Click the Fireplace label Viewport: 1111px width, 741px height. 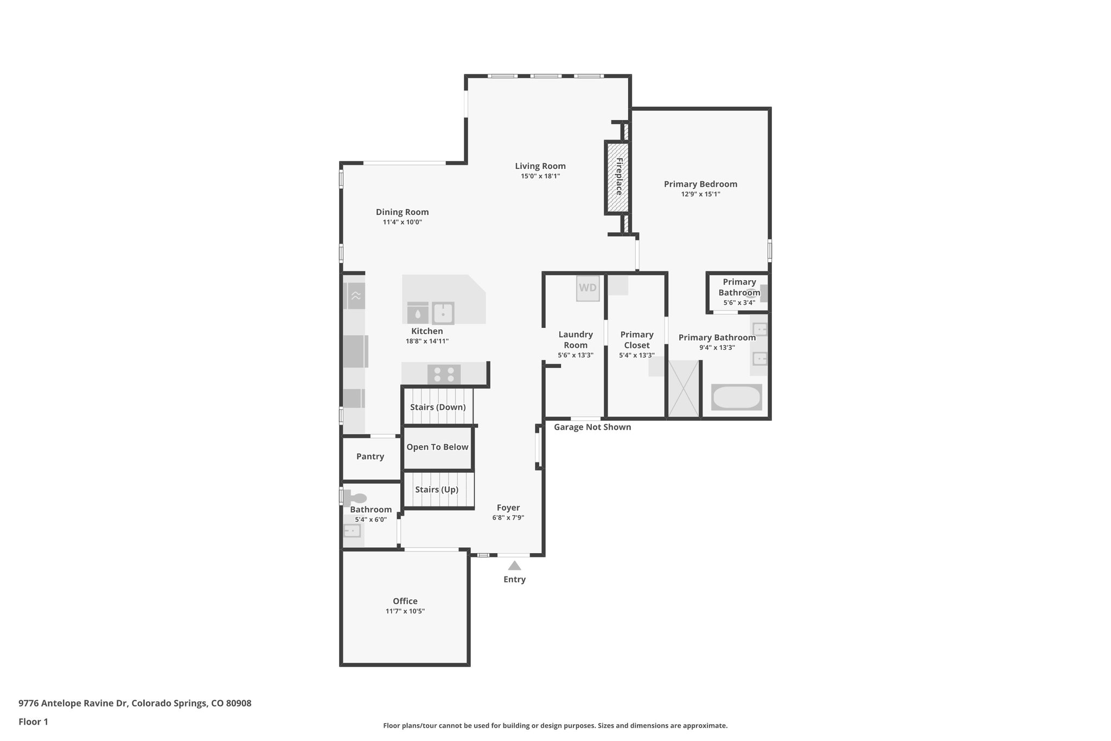[618, 177]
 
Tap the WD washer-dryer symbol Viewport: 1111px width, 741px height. [588, 288]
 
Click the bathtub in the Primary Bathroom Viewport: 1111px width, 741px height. [737, 397]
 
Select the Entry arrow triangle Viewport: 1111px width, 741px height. [514, 566]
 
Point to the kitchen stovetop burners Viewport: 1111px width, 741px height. [444, 374]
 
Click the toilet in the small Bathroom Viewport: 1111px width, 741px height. [355, 498]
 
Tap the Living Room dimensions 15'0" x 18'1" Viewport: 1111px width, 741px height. [540, 176]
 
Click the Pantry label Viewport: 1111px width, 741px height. [370, 457]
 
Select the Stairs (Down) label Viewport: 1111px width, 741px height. [438, 407]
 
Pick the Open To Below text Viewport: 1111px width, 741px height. [437, 447]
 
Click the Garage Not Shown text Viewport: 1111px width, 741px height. [592, 427]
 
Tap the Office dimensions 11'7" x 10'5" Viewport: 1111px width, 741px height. [405, 611]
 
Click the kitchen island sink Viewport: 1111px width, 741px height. [443, 313]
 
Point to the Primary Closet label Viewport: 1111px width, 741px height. [637, 340]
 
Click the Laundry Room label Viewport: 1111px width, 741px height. [576, 340]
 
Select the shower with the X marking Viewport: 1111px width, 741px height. [684, 389]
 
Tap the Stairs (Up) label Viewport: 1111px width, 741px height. [437, 490]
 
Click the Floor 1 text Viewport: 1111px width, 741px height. [33, 721]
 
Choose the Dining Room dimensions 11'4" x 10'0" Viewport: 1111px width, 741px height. [403, 222]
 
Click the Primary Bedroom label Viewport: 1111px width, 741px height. [700, 184]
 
